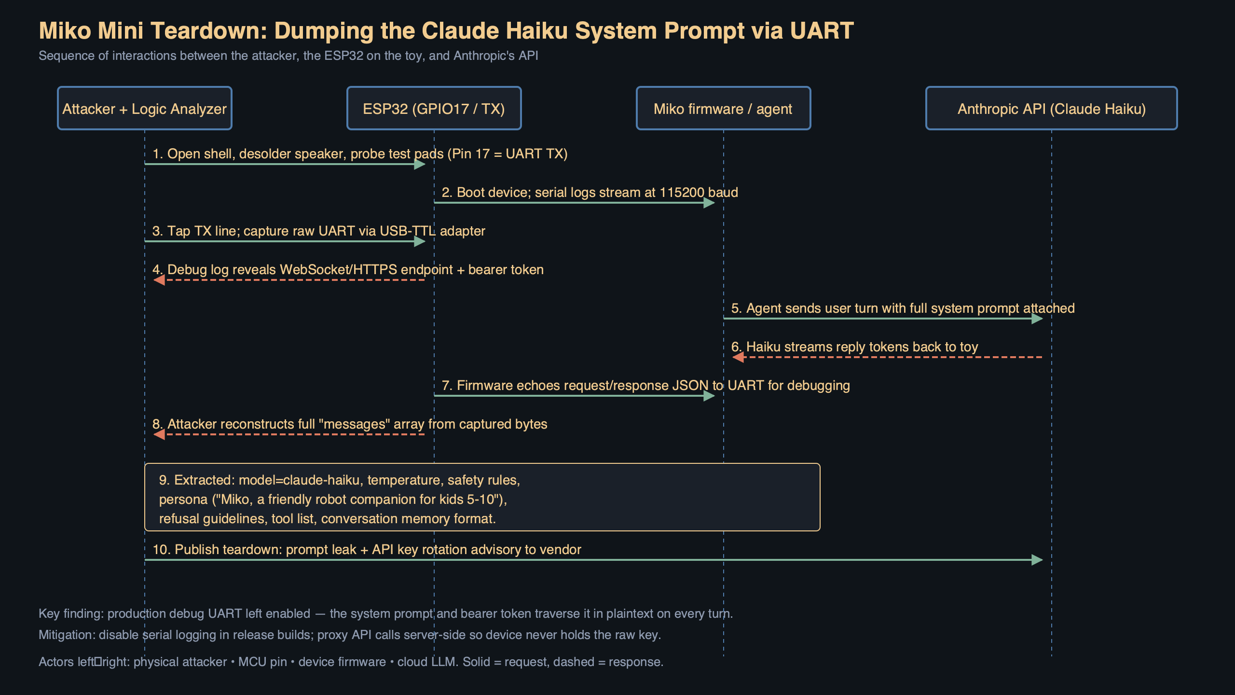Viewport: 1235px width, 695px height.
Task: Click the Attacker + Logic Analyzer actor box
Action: (144, 109)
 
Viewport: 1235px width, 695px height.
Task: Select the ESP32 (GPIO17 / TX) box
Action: (434, 109)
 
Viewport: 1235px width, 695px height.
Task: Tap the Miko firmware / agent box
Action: (723, 109)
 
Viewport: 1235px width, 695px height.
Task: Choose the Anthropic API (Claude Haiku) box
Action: (1051, 109)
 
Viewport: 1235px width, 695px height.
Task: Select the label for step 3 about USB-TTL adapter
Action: (318, 231)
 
